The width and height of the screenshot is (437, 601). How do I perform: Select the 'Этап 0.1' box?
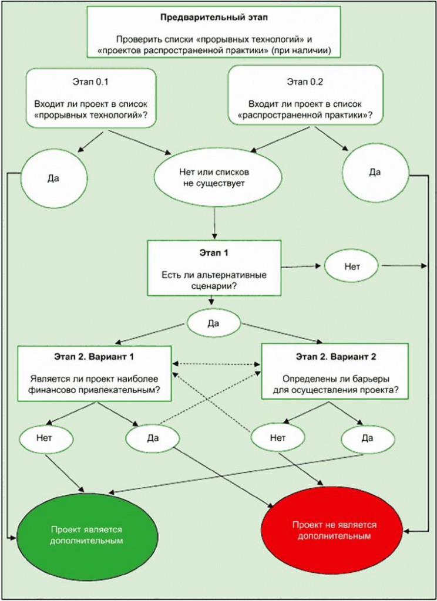(x=90, y=98)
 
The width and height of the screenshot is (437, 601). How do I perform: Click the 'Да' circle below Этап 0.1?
(x=53, y=178)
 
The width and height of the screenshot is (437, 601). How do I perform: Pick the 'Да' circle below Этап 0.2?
(x=375, y=173)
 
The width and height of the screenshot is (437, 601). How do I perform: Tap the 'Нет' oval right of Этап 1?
(x=352, y=266)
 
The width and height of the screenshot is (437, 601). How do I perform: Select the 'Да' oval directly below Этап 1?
(x=214, y=323)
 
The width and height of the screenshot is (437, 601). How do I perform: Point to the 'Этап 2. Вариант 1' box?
(x=95, y=373)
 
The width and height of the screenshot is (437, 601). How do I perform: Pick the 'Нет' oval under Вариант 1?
(x=46, y=437)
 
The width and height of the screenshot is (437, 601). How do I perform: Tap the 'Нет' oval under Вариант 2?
(x=278, y=437)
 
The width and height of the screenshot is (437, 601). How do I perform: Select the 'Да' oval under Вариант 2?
(x=368, y=438)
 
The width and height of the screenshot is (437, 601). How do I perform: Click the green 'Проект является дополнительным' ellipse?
(x=86, y=534)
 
